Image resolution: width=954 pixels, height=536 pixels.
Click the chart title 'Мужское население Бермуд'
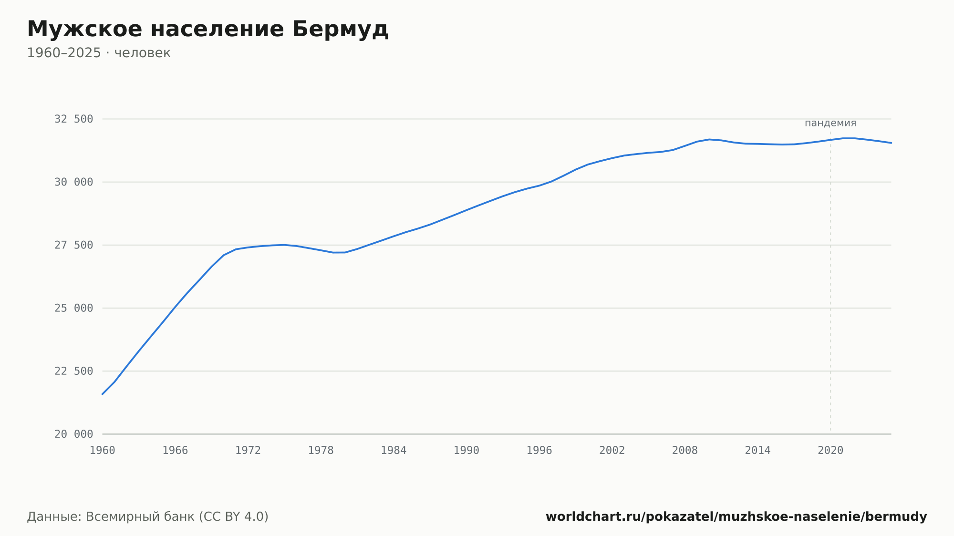207,29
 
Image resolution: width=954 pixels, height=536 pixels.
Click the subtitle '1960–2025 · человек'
99,53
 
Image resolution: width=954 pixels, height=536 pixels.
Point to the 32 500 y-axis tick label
73,119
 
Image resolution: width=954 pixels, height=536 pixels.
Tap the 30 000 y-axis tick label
73,182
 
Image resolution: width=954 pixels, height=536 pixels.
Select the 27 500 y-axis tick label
73,245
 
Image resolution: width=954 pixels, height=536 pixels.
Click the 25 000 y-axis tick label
73,308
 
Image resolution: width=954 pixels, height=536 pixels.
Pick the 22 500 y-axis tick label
73,371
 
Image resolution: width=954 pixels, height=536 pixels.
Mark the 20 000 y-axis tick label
73,434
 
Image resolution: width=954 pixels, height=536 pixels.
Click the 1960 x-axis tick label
103,451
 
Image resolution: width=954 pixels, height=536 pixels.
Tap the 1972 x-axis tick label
248,451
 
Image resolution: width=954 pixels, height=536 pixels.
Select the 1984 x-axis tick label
394,451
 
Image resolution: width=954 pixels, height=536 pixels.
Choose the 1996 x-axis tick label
539,451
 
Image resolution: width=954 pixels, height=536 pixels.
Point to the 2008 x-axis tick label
685,451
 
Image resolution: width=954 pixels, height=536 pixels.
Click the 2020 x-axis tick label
830,451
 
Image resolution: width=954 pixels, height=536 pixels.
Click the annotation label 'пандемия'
830,123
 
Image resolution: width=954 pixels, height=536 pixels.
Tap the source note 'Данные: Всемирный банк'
111,516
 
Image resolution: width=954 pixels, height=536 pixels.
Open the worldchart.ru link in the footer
736,516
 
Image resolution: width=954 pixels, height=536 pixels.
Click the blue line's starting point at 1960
103,394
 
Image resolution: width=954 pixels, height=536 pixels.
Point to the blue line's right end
891,143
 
